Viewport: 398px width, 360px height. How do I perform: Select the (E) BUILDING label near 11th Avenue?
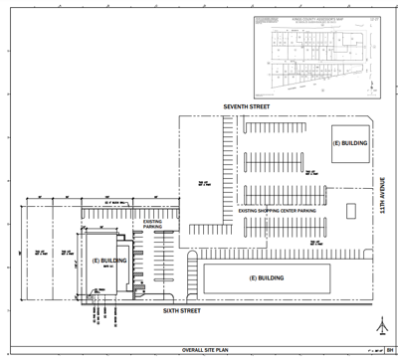(351, 144)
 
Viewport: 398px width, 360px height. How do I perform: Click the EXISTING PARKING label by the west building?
(152, 224)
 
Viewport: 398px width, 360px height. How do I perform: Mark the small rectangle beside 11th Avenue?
(349, 212)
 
